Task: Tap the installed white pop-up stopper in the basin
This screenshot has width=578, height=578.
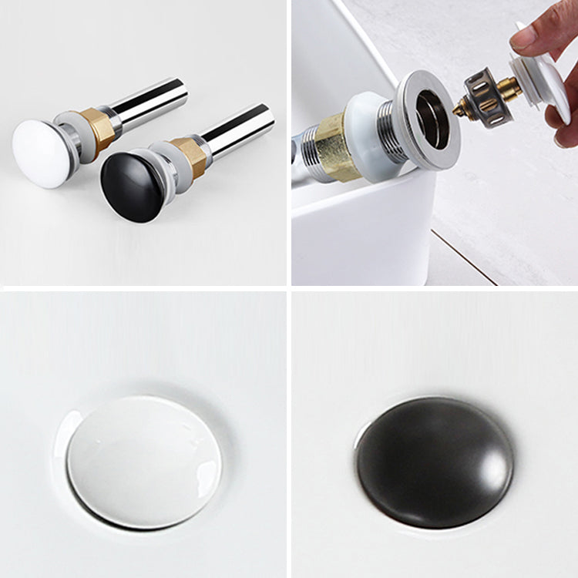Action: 143,462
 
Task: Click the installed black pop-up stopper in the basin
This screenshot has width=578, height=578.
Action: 435,462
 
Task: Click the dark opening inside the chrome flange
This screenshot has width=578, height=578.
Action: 432,119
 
